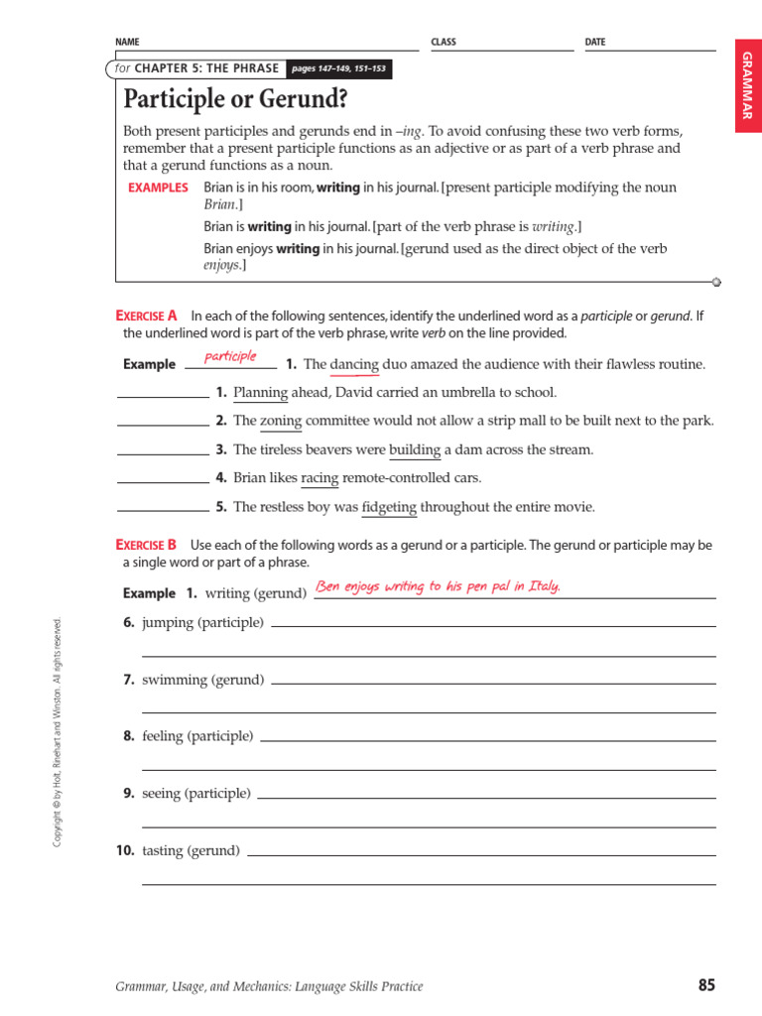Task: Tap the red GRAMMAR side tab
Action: pyautogui.click(x=747, y=86)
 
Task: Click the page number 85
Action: pyautogui.click(x=705, y=985)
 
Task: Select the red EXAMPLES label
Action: pyautogui.click(x=158, y=188)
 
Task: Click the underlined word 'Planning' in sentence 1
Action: pyautogui.click(x=260, y=392)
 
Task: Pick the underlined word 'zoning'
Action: pyautogui.click(x=281, y=421)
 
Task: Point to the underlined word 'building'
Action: pyautogui.click(x=415, y=449)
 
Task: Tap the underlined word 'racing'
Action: pyautogui.click(x=319, y=478)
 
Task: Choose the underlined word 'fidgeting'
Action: pyautogui.click(x=389, y=507)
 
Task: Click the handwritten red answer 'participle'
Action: pyautogui.click(x=230, y=356)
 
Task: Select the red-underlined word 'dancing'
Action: pyautogui.click(x=354, y=364)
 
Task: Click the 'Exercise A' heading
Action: pyautogui.click(x=146, y=316)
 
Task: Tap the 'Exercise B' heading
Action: pyautogui.click(x=146, y=545)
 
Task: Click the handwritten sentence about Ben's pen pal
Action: pyautogui.click(x=438, y=586)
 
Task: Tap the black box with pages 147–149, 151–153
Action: pyautogui.click(x=338, y=69)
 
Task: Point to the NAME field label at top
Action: pyautogui.click(x=127, y=43)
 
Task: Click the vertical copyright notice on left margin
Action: pyautogui.click(x=58, y=732)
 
